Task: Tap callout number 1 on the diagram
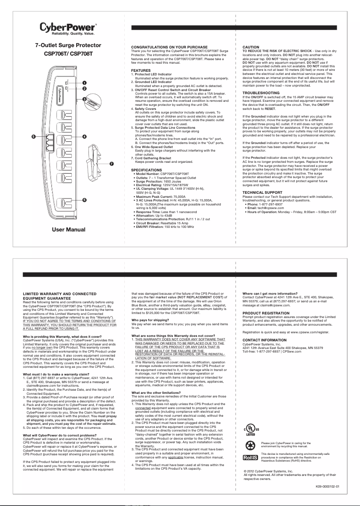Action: (x=84, y=83)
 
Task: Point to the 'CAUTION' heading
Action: (x=250, y=47)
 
